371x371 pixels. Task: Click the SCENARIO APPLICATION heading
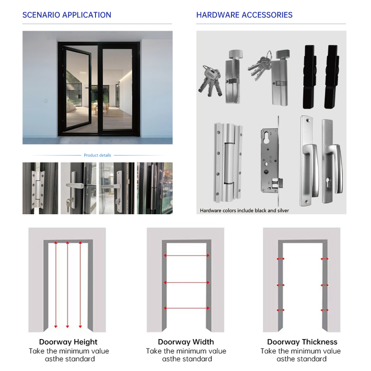point(67,15)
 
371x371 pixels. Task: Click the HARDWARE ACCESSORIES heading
point(244,15)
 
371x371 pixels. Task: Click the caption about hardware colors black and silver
point(244,211)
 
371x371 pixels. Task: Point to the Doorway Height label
point(68,342)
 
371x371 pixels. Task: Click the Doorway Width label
point(186,342)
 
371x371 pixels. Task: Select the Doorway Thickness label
point(302,342)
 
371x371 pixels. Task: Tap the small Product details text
point(97,155)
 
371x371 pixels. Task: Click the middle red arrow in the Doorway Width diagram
point(186,282)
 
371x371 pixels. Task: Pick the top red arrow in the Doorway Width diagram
point(186,256)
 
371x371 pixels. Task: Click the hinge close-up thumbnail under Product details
point(40,188)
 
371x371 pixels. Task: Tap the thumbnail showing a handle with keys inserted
point(78,188)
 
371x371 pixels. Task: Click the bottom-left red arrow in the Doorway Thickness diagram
point(280,310)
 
